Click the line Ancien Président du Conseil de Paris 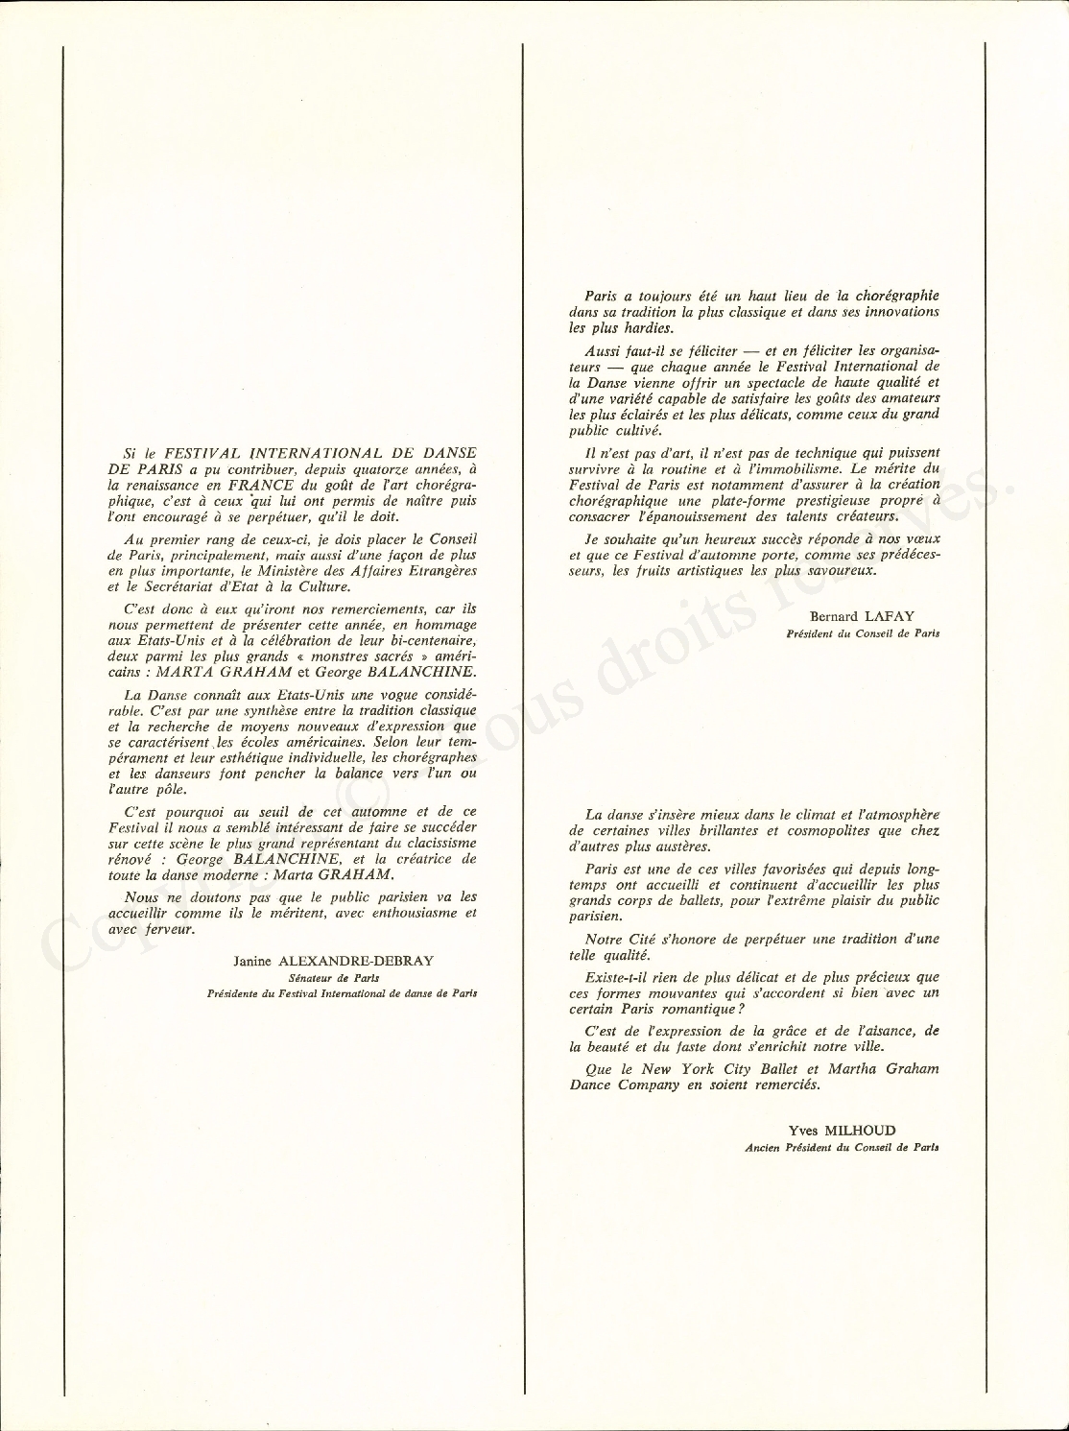[x=842, y=1148]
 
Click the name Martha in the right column [x=843, y=1068]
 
